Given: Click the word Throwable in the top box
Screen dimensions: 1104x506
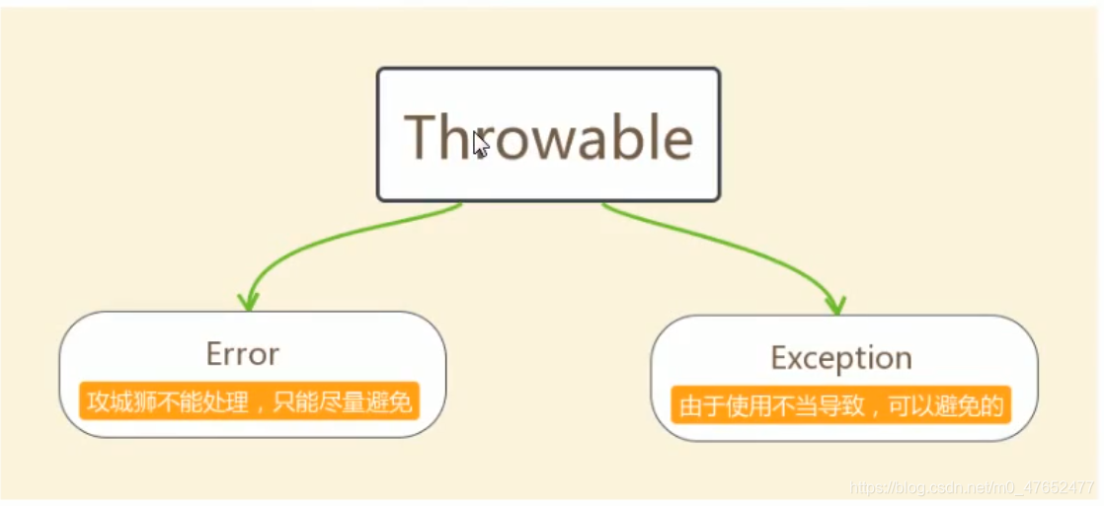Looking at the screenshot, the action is (548, 137).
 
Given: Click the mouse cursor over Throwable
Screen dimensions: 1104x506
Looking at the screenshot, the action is (481, 144).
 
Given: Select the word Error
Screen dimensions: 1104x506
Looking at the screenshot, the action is (243, 354).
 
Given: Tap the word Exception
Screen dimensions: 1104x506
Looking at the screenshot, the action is (841, 357).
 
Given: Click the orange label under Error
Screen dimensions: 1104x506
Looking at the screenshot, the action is (249, 400).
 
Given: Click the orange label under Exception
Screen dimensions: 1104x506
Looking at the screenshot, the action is (840, 404).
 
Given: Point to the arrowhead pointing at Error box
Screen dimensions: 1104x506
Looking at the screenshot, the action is (248, 301).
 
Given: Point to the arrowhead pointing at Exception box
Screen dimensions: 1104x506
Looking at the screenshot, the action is (835, 304).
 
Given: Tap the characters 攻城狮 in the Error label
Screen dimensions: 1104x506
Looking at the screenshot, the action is (118, 401).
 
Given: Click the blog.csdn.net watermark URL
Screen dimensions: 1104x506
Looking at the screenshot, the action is (972, 487).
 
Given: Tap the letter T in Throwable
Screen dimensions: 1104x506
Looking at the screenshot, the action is (421, 137).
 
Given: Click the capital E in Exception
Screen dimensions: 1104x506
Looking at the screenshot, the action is (779, 357).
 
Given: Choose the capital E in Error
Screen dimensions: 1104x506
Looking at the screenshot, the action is (214, 354).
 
